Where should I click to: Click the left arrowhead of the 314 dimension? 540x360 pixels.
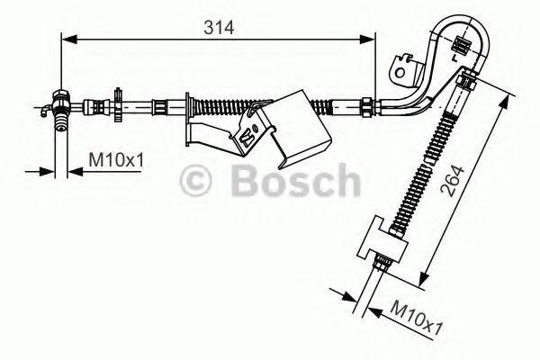point(66,38)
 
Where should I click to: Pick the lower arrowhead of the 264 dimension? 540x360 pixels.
point(422,274)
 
